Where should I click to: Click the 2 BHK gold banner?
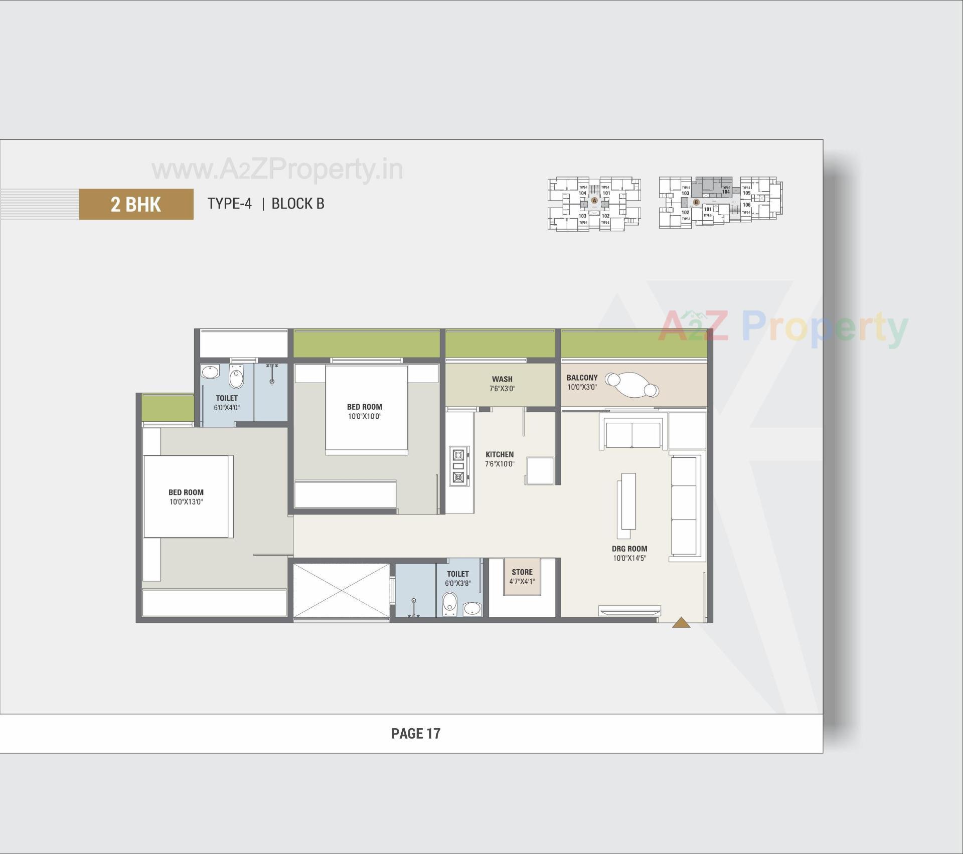[136, 204]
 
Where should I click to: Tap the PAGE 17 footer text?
[416, 734]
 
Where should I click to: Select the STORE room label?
[522, 572]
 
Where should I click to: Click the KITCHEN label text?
[500, 454]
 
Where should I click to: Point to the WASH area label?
[502, 379]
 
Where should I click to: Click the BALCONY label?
[582, 378]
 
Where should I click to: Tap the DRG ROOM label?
[629, 549]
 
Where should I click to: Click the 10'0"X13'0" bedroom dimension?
[186, 502]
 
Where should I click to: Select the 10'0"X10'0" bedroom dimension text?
[365, 416]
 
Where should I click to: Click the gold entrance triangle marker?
[681, 623]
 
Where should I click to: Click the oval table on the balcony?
[631, 385]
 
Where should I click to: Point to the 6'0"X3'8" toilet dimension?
[457, 583]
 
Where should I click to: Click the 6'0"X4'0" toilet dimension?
[227, 408]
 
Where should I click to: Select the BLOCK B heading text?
[298, 204]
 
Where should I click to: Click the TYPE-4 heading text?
[230, 204]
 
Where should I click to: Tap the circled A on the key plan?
[594, 200]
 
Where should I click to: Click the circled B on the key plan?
[696, 203]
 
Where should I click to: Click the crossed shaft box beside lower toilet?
[341, 590]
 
